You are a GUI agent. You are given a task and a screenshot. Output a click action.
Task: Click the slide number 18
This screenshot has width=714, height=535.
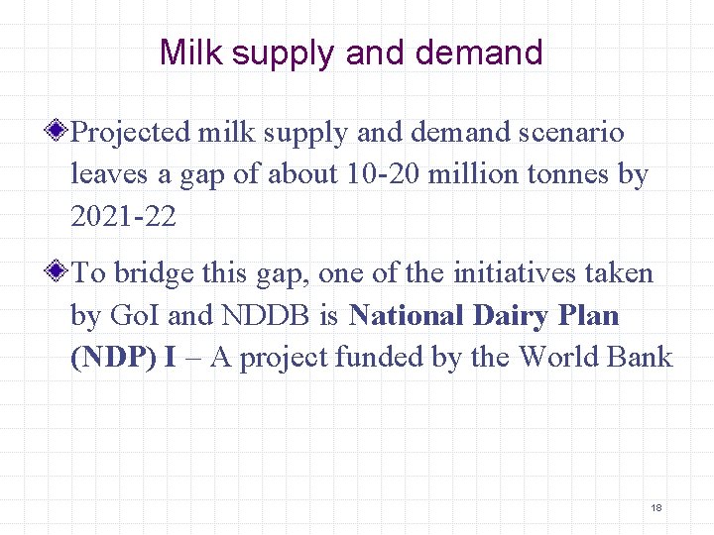click(x=655, y=507)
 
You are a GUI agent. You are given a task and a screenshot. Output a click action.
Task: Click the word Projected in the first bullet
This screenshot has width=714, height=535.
click(x=131, y=132)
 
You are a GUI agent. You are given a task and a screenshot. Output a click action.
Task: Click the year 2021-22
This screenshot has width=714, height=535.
click(x=123, y=217)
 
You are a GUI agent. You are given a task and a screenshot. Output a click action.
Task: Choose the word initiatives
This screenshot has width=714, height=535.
click(x=518, y=272)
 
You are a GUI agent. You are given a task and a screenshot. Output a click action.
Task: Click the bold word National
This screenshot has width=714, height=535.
click(x=408, y=315)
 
